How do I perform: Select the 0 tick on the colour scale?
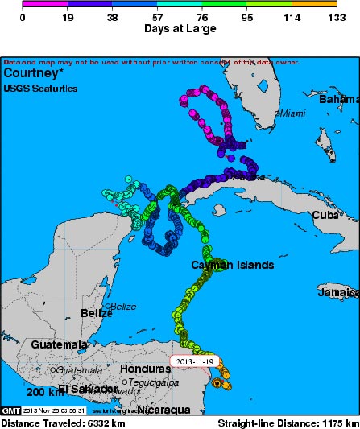tap(23, 15)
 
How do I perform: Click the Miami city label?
tap(292, 113)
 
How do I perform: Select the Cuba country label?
tap(325, 215)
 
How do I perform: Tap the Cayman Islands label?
tap(232, 265)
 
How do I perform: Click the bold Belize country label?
tap(96, 312)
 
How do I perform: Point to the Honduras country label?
tap(145, 368)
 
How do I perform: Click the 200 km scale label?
tap(45, 392)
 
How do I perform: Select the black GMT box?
tap(11, 410)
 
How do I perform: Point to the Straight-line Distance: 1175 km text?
tap(288, 423)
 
